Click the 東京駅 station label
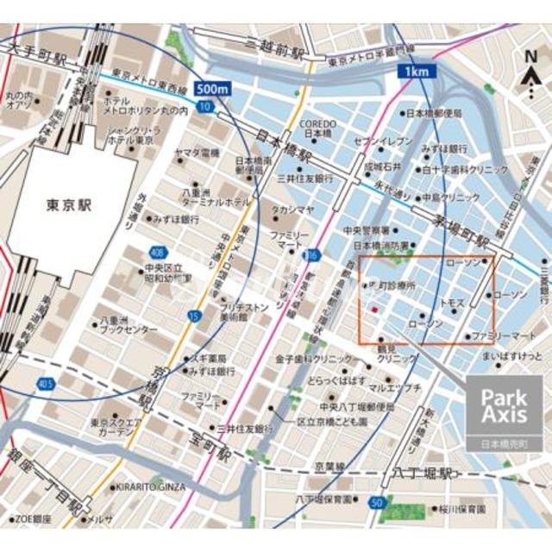pyautogui.click(x=70, y=207)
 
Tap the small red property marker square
pyautogui.click(x=373, y=307)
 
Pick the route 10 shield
pyautogui.click(x=204, y=106)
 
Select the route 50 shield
pyautogui.click(x=376, y=503)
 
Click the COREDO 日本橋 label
pyautogui.click(x=316, y=129)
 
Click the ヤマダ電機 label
pyautogui.click(x=198, y=153)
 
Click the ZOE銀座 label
pyautogui.click(x=31, y=520)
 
